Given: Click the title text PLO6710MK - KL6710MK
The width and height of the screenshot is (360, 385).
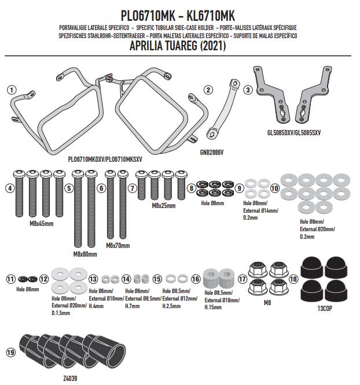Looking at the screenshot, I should tap(178, 16).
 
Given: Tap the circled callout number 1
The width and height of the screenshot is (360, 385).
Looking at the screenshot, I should tap(11, 90).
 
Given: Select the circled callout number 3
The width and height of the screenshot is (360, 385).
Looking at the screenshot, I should tap(248, 90).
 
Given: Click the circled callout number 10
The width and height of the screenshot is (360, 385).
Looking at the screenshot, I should tap(274, 188).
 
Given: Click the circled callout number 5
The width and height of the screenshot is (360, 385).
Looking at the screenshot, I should tap(69, 188).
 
